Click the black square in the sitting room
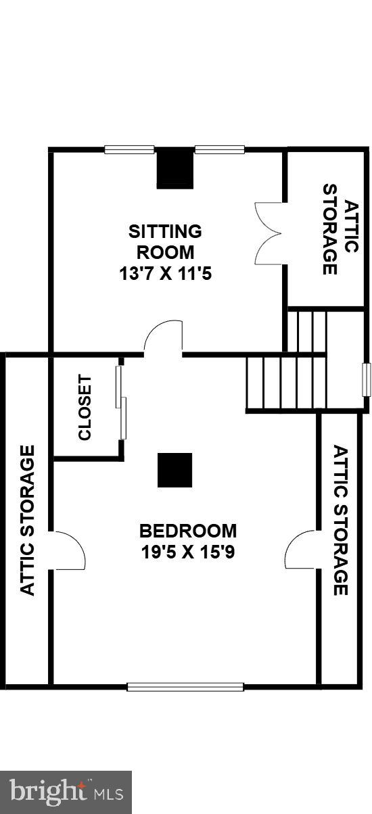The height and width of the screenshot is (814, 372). click(x=175, y=169)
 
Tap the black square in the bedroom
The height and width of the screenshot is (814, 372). click(x=175, y=470)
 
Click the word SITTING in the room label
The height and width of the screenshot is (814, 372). click(x=165, y=231)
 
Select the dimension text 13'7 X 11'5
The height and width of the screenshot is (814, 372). click(x=165, y=274)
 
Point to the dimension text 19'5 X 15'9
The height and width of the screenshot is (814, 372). click(x=188, y=552)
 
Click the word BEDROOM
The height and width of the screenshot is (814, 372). click(x=188, y=530)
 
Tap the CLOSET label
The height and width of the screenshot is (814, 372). click(x=85, y=408)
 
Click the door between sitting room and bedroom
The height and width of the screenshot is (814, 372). click(x=164, y=339)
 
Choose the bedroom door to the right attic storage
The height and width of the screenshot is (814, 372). click(x=302, y=549)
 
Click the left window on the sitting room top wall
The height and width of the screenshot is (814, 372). click(x=129, y=149)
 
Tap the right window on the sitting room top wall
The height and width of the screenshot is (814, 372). click(x=219, y=149)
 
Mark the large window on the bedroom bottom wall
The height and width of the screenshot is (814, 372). click(x=185, y=687)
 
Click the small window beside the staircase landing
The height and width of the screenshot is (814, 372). click(x=366, y=379)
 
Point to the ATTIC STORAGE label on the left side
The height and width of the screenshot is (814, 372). click(x=28, y=520)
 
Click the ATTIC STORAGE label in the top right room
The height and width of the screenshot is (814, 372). click(x=340, y=230)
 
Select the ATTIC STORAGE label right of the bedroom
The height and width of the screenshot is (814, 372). click(x=340, y=521)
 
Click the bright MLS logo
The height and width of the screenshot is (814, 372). click(x=66, y=790)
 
